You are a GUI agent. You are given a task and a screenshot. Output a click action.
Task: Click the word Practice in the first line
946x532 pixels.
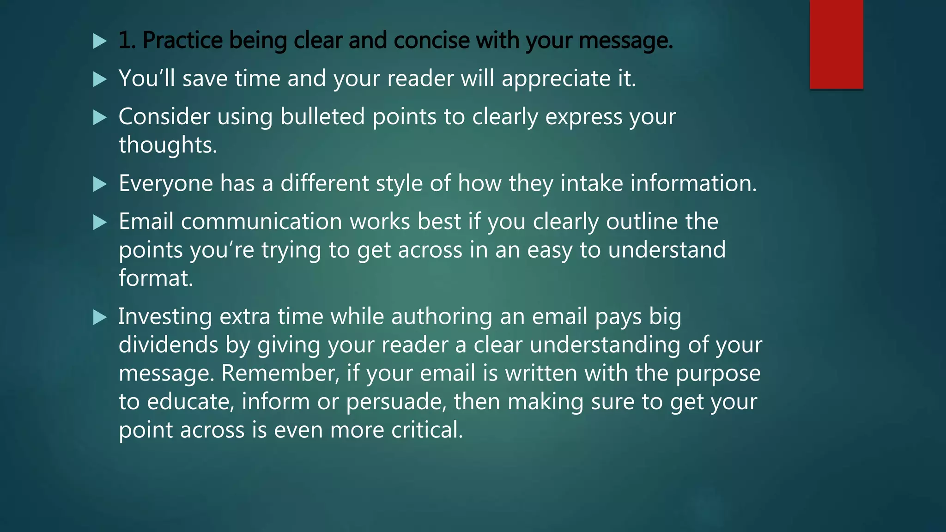(183, 41)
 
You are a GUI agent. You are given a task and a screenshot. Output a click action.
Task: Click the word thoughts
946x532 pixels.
(168, 145)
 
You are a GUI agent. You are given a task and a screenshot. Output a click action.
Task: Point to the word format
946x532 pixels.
(156, 278)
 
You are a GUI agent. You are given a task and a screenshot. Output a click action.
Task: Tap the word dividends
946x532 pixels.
(168, 345)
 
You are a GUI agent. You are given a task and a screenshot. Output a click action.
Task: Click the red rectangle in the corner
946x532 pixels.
(836, 44)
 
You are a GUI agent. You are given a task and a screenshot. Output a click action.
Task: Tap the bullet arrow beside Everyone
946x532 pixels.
(100, 184)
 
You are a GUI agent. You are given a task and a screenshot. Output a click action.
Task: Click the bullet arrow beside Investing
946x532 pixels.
(100, 317)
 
